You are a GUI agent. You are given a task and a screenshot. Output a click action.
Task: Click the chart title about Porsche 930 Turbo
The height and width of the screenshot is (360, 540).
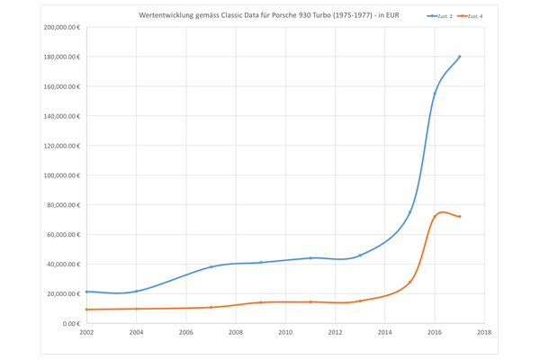point(268,16)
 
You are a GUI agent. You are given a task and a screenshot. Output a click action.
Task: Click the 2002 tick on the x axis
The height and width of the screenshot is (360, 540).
point(86,333)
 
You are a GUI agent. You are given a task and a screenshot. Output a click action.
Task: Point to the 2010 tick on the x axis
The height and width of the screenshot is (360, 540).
point(285,333)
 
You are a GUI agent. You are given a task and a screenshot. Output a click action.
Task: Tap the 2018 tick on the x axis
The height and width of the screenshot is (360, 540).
point(484,333)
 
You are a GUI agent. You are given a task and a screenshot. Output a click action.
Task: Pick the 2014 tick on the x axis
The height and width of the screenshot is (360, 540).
point(385,333)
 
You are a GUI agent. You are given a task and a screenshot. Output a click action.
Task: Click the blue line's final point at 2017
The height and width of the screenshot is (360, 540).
point(459,57)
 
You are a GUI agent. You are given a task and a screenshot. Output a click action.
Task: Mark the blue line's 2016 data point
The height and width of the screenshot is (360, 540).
point(435,94)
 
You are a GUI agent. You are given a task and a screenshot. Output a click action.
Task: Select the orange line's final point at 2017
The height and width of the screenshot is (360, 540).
point(459,217)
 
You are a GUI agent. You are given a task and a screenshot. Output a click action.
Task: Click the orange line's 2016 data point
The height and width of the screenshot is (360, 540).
point(435,217)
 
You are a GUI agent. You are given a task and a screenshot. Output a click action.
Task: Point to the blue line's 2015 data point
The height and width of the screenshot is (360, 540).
point(409,212)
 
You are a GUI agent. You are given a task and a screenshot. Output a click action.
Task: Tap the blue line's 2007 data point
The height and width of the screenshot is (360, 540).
point(211,267)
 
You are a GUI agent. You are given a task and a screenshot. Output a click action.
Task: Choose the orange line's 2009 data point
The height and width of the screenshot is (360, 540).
point(260,302)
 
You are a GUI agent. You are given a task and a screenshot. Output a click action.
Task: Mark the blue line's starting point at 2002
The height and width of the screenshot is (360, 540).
point(86,292)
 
